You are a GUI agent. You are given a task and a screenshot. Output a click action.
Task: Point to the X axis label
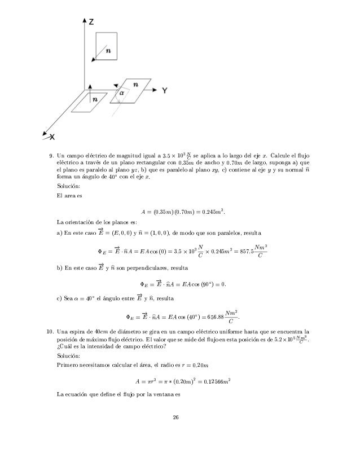coord(51,137)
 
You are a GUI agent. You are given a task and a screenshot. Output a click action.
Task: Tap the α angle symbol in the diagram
coord(120,90)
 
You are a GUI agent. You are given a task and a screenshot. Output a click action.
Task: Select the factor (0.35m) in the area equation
coord(164,212)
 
